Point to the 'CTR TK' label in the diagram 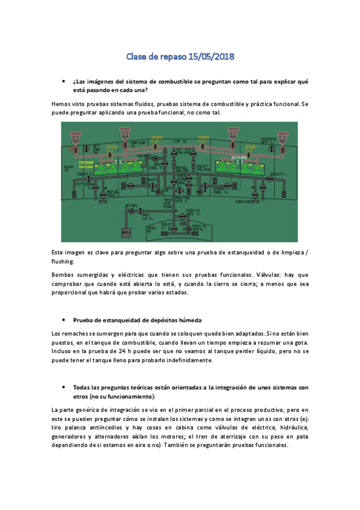coord(180,142)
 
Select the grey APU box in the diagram coord(126,232)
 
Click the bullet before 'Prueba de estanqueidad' coord(63,320)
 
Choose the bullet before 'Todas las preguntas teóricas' coord(63,387)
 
